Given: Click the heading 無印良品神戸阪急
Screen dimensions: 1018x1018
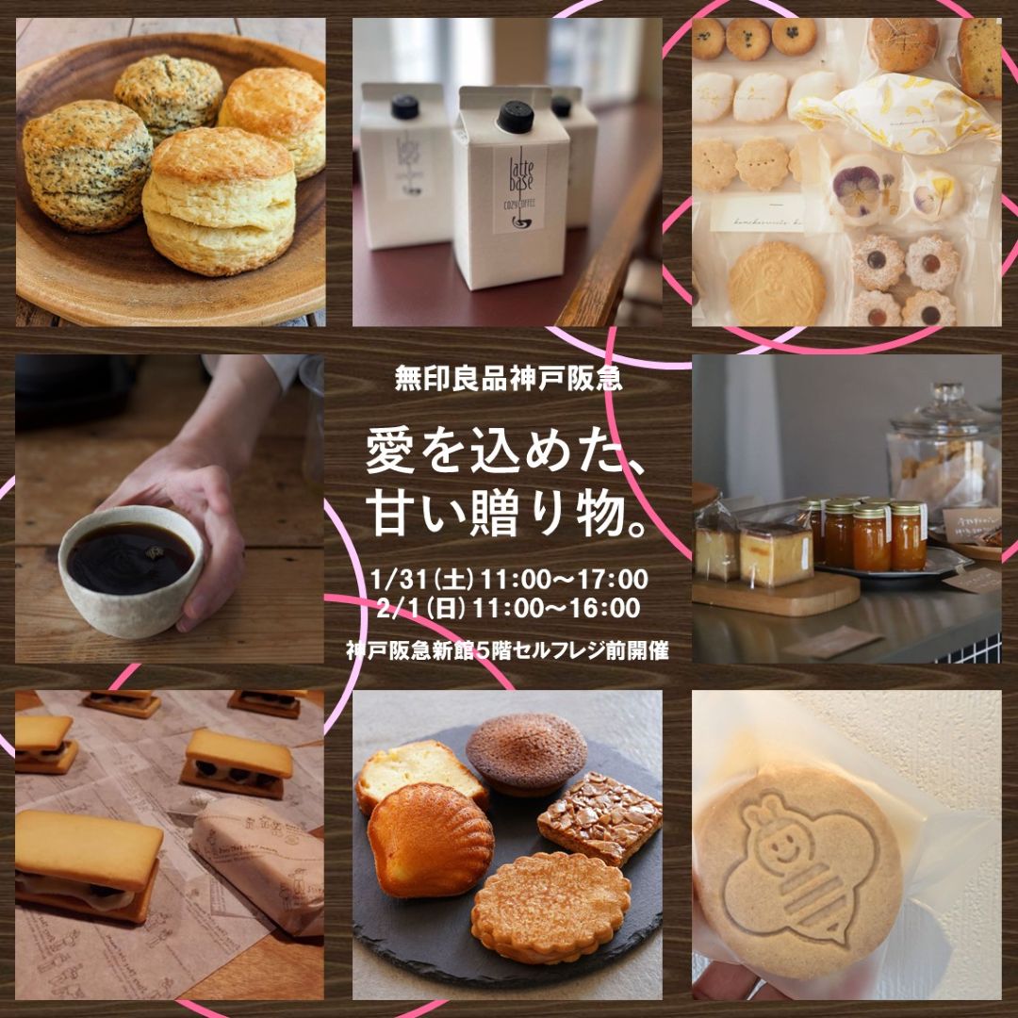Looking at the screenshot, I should (509, 383).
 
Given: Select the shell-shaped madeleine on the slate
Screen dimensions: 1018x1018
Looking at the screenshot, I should (430, 839).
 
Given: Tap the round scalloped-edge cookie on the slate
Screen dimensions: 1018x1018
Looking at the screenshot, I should (550, 906).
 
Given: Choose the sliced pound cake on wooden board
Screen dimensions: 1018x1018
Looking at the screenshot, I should (776, 555).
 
